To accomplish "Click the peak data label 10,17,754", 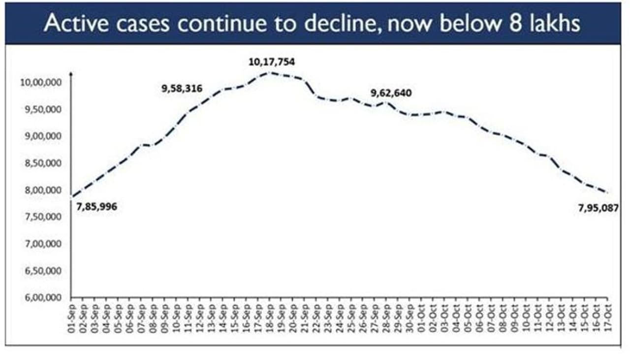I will [x=272, y=63].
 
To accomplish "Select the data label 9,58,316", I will [x=182, y=89].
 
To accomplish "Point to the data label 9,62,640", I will [x=392, y=93].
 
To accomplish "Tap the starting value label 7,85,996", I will [x=97, y=207].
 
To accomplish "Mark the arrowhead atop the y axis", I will [x=72, y=75].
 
